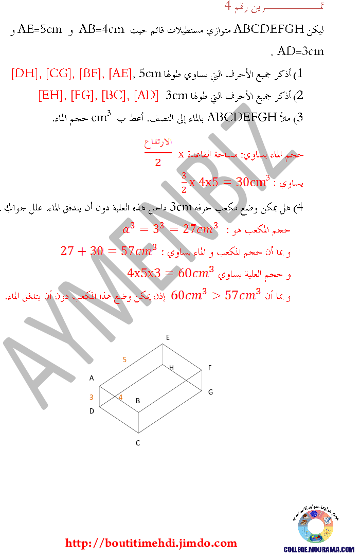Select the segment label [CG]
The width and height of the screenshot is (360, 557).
click(60, 74)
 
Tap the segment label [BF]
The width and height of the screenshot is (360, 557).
click(92, 74)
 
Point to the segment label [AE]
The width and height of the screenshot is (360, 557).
click(120, 74)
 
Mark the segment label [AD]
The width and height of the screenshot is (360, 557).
click(146, 95)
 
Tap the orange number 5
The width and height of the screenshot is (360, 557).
click(124, 360)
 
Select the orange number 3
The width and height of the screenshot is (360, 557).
click(91, 397)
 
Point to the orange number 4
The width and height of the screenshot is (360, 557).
click(120, 397)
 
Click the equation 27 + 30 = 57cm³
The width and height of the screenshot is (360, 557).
click(109, 251)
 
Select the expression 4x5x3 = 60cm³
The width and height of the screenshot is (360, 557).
click(170, 273)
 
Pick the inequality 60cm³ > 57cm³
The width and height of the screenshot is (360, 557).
click(215, 295)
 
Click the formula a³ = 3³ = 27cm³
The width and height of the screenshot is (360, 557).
click(171, 228)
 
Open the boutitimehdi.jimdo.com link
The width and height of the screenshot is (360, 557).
click(151, 543)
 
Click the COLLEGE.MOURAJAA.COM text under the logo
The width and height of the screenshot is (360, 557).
click(319, 549)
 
